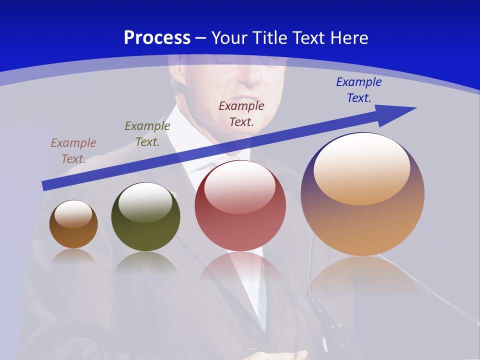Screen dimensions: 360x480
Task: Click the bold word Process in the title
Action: click(157, 38)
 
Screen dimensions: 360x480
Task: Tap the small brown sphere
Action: click(73, 235)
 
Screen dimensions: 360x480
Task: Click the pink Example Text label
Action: click(73, 150)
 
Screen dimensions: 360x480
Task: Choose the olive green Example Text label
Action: click(147, 133)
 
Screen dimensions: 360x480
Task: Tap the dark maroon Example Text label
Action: click(241, 113)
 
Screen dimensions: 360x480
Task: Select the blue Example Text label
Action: click(359, 89)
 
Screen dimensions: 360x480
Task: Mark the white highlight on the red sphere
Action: click(240, 187)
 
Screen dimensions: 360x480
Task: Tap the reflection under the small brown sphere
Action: click(73, 256)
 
